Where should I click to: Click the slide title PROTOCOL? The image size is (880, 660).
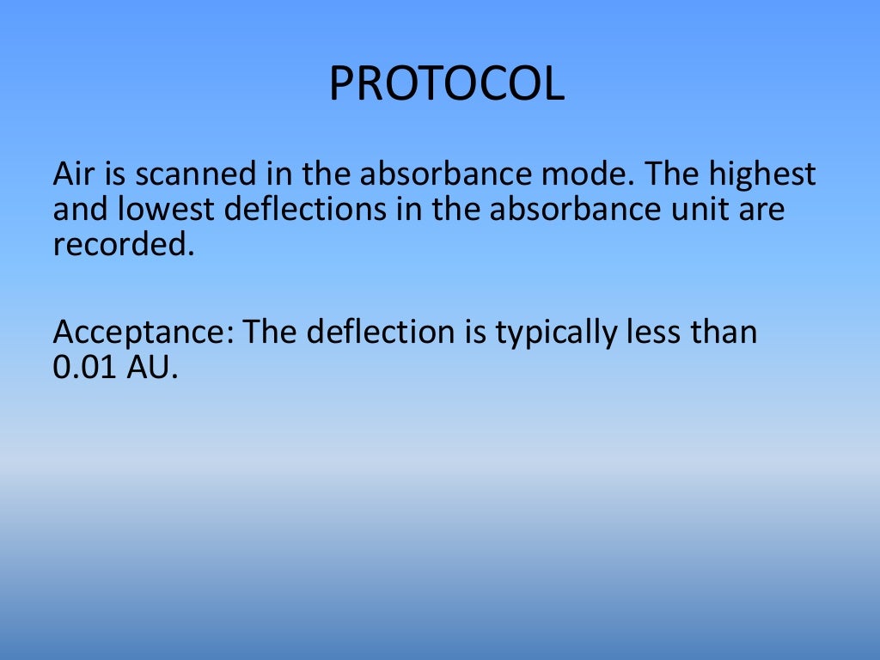tap(447, 84)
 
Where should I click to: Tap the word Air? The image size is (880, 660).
tap(71, 174)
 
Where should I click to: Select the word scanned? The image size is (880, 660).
tap(177, 174)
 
